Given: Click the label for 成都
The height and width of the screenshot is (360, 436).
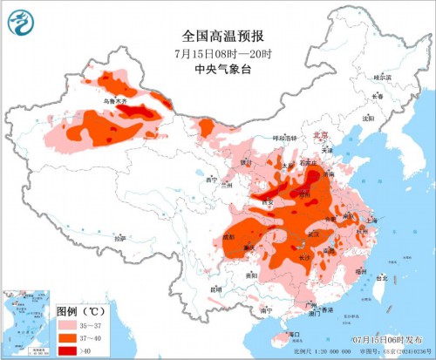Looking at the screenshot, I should pyautogui.click(x=228, y=236).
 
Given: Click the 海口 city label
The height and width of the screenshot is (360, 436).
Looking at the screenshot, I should pyautogui.click(x=295, y=334).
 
